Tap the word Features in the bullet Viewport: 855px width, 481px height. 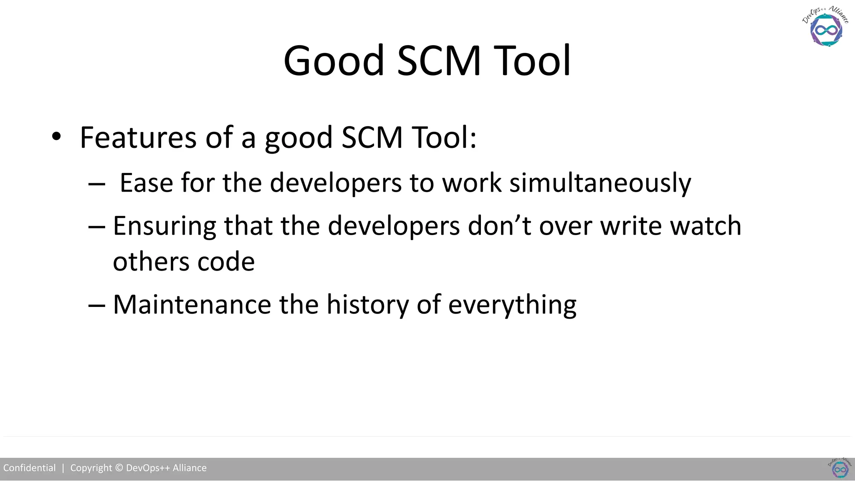point(138,137)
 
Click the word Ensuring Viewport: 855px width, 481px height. point(164,226)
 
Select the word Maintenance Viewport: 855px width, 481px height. point(192,304)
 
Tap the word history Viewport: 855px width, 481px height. point(367,304)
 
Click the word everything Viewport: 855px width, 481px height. point(512,305)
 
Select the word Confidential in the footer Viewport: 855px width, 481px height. point(29,468)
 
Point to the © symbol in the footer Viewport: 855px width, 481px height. point(119,468)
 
